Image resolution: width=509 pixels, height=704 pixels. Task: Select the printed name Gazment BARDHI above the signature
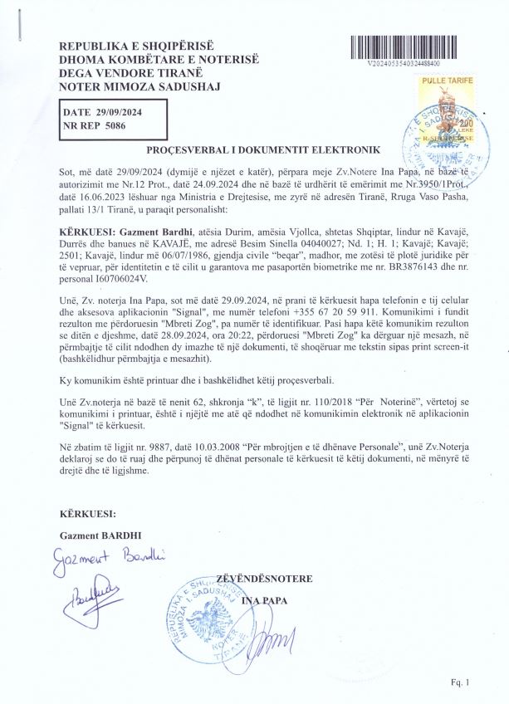(x=97, y=536)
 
